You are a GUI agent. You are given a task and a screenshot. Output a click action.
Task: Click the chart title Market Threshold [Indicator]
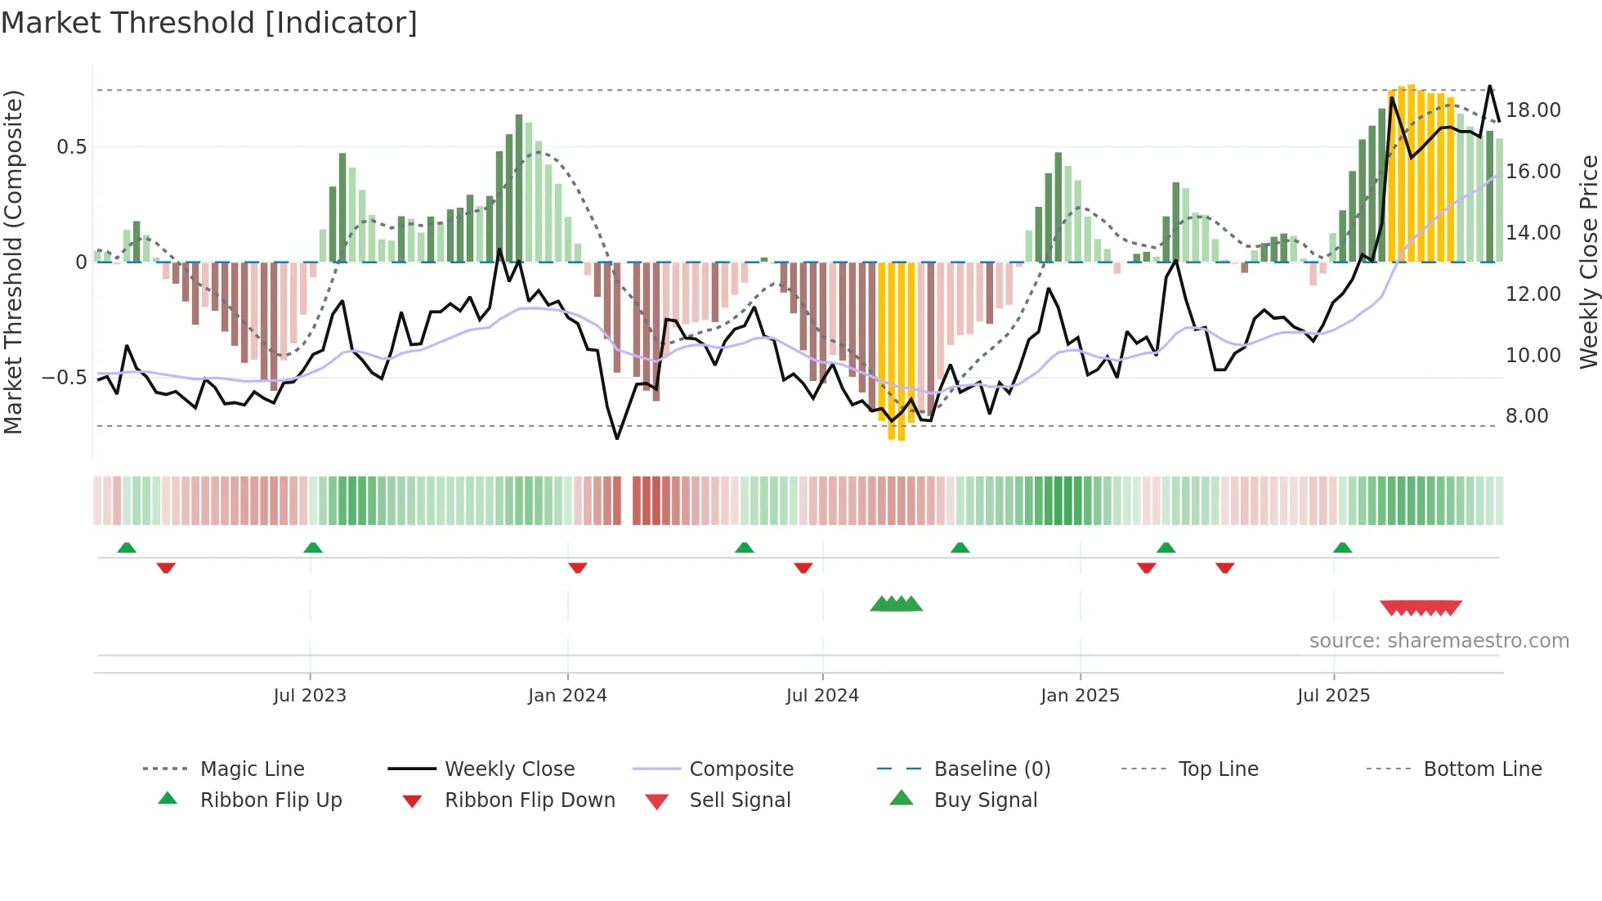click(x=209, y=23)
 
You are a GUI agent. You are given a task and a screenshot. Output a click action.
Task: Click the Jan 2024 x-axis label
click(x=567, y=696)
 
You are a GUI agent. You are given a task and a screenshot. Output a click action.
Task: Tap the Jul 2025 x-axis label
click(x=1333, y=696)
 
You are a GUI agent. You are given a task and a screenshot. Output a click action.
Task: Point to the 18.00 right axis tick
click(x=1533, y=110)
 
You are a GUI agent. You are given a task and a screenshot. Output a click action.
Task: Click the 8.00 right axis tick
click(x=1527, y=416)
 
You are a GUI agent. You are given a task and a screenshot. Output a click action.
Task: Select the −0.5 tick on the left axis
click(x=64, y=378)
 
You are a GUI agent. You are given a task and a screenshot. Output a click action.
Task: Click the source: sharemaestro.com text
click(x=1439, y=641)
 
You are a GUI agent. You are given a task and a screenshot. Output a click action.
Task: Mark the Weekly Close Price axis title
click(x=1588, y=262)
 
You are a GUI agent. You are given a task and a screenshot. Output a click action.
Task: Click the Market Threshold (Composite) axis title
click(x=13, y=262)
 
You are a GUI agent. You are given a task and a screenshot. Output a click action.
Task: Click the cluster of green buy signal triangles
click(x=897, y=604)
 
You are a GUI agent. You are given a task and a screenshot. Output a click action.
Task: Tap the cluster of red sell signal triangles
click(x=1421, y=607)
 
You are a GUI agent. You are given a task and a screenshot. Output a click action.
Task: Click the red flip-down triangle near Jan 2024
click(x=578, y=567)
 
